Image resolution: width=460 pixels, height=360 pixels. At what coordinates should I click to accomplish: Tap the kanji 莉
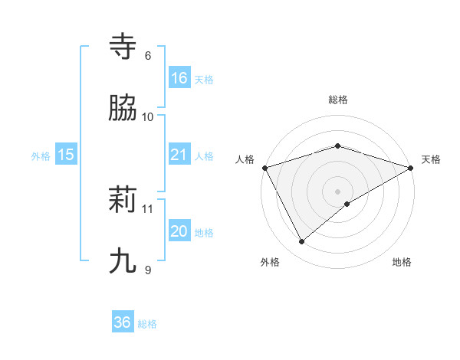tap(123, 200)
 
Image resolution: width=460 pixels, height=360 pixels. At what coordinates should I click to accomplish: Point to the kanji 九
tap(123, 261)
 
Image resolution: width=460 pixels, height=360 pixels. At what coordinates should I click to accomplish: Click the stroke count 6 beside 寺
tap(148, 56)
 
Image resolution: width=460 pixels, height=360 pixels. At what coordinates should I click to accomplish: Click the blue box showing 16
tap(179, 78)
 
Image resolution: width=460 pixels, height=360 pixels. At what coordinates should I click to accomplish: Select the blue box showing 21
tap(179, 155)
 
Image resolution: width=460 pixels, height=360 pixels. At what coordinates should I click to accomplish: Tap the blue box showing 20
tap(179, 231)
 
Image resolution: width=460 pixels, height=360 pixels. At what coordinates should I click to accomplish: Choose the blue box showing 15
tap(66, 155)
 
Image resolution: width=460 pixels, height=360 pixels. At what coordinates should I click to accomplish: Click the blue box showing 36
tap(123, 323)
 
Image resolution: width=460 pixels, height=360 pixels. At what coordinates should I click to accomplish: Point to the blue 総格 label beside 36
tap(147, 324)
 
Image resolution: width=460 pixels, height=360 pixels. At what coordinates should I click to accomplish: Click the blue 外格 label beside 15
tap(41, 155)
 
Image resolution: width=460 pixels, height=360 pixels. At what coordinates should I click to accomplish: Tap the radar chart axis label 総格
tap(338, 100)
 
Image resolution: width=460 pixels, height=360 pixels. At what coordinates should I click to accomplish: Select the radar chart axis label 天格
tap(432, 159)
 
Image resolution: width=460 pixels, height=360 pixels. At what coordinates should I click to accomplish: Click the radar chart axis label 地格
tap(402, 263)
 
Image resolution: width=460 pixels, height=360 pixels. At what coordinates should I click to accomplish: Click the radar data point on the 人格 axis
tap(264, 167)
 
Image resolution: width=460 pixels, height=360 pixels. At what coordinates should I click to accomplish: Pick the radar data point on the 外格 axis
tap(302, 242)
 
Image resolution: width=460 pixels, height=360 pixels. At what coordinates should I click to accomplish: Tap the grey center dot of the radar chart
tap(338, 191)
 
